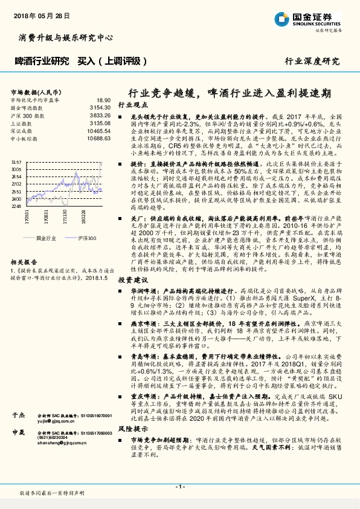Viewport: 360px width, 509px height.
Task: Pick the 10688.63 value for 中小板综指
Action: point(99,138)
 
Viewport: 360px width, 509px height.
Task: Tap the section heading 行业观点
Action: point(132,105)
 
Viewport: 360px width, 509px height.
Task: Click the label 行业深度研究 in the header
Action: point(312,61)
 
